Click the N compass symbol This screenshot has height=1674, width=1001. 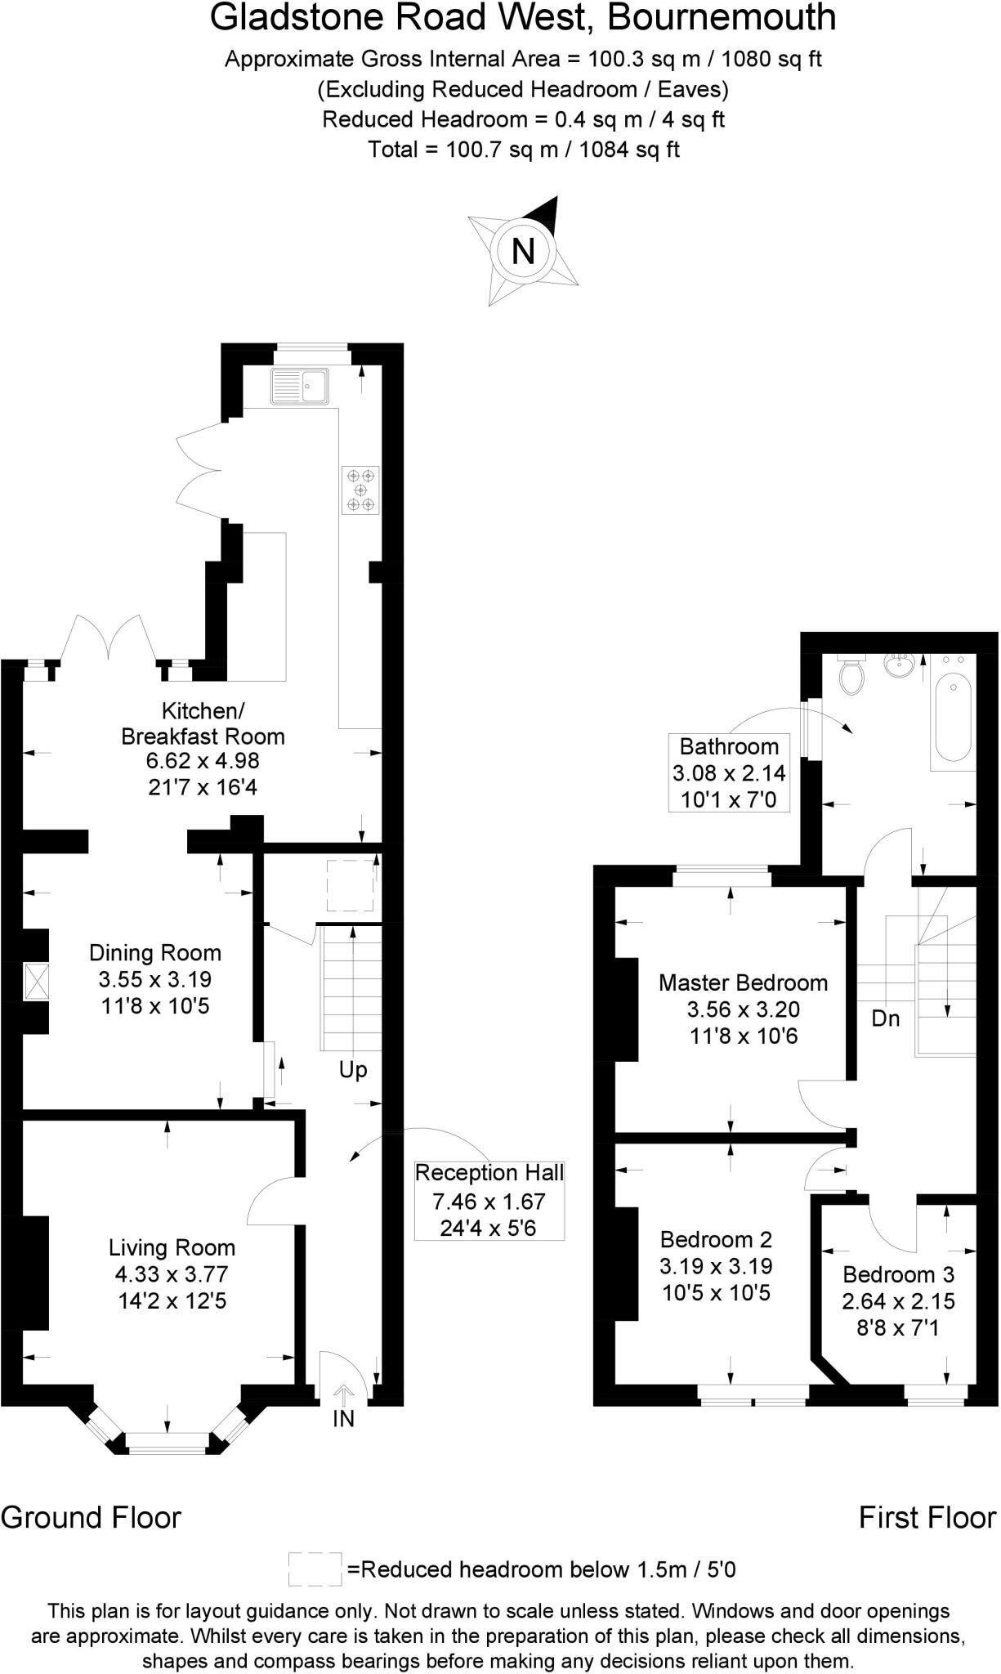pyautogui.click(x=522, y=250)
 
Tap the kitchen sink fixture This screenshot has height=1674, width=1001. pyautogui.click(x=299, y=386)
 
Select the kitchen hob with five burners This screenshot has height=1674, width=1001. pyautogui.click(x=360, y=490)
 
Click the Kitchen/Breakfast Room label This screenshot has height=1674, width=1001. pyautogui.click(x=203, y=723)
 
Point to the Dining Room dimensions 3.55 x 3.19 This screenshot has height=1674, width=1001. pyautogui.click(x=154, y=979)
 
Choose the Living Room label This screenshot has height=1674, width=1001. pyautogui.click(x=172, y=1247)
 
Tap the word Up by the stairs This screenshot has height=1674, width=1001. pyautogui.click(x=353, y=1070)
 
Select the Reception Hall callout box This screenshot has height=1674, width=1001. pyautogui.click(x=489, y=1200)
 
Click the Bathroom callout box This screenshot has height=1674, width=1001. pyautogui.click(x=729, y=772)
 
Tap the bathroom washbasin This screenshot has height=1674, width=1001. pyautogui.click(x=900, y=665)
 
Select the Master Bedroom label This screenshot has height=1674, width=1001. pyautogui.click(x=743, y=982)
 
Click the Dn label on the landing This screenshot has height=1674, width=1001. pyautogui.click(x=886, y=1018)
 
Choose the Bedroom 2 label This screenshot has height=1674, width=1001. pyautogui.click(x=716, y=1239)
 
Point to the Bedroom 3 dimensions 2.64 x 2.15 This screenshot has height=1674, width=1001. pyautogui.click(x=898, y=1300)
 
